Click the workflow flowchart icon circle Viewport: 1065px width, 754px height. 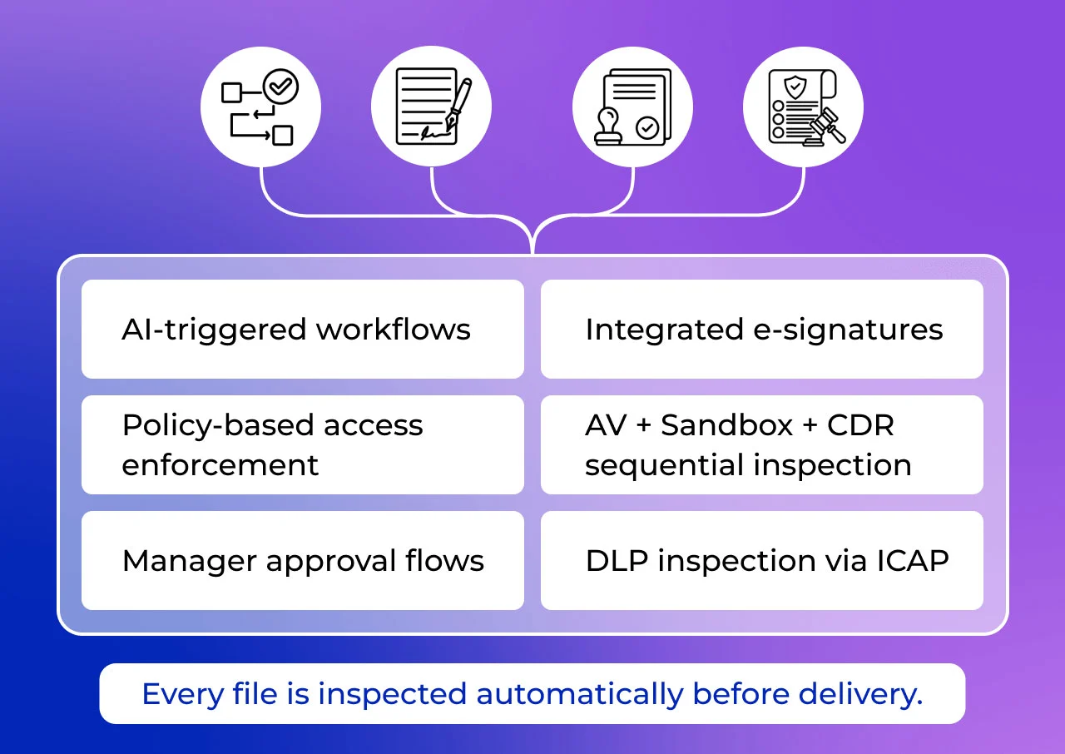(260, 108)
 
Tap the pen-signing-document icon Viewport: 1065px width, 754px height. (431, 108)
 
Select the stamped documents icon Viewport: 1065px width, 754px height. (633, 108)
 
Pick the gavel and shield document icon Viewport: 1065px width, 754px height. (803, 108)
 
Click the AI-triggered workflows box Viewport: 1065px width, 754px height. (303, 330)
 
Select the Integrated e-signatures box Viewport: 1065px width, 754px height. (762, 330)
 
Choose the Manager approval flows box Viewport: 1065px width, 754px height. (303, 561)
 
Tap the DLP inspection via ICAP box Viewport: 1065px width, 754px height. (762, 561)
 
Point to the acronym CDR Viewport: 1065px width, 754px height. (860, 425)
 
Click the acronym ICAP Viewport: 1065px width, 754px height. (913, 561)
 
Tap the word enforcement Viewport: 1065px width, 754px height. (220, 464)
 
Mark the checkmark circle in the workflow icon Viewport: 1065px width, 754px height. (280, 86)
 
